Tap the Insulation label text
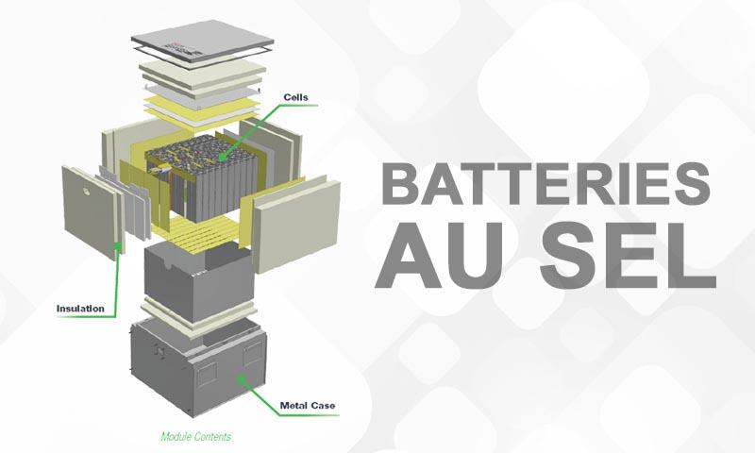(81, 309)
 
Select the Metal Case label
(308, 407)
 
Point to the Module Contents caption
(195, 437)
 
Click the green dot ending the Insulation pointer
(117, 247)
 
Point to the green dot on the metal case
(241, 378)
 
